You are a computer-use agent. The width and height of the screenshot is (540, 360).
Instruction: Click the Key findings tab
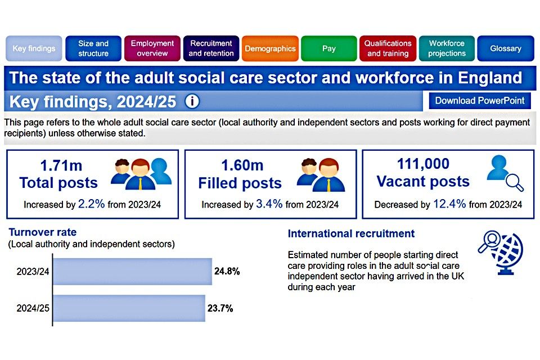click(x=34, y=48)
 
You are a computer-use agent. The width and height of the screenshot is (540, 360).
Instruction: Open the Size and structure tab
click(x=93, y=48)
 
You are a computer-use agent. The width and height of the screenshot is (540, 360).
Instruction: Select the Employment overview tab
click(x=152, y=48)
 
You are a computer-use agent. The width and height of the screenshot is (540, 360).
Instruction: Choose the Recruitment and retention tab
click(x=211, y=48)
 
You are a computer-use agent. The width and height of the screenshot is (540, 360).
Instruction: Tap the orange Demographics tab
click(x=270, y=48)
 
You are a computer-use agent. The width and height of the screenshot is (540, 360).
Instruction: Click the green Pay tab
click(x=329, y=48)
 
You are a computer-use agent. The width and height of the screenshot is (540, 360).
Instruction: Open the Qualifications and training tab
click(x=388, y=48)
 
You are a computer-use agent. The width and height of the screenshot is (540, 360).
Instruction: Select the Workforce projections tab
click(x=447, y=48)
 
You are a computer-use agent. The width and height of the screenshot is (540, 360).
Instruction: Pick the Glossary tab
click(x=506, y=48)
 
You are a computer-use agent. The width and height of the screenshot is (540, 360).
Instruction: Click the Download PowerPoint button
click(x=480, y=101)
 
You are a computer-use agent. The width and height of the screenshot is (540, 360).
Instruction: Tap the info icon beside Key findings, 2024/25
click(x=192, y=102)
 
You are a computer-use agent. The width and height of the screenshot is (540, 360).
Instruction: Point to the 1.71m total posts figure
click(x=61, y=166)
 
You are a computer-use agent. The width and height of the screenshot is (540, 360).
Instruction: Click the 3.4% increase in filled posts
click(x=269, y=204)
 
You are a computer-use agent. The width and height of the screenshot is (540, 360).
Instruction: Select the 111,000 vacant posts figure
click(x=423, y=164)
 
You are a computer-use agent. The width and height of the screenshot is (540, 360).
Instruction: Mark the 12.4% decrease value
click(x=449, y=204)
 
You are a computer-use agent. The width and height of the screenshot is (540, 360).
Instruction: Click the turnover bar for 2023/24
click(x=133, y=272)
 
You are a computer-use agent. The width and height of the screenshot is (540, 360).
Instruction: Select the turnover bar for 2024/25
click(x=129, y=308)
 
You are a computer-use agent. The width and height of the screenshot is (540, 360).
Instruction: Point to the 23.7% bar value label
click(x=220, y=308)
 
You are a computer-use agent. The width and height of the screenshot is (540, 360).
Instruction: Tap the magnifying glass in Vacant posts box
click(x=515, y=183)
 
